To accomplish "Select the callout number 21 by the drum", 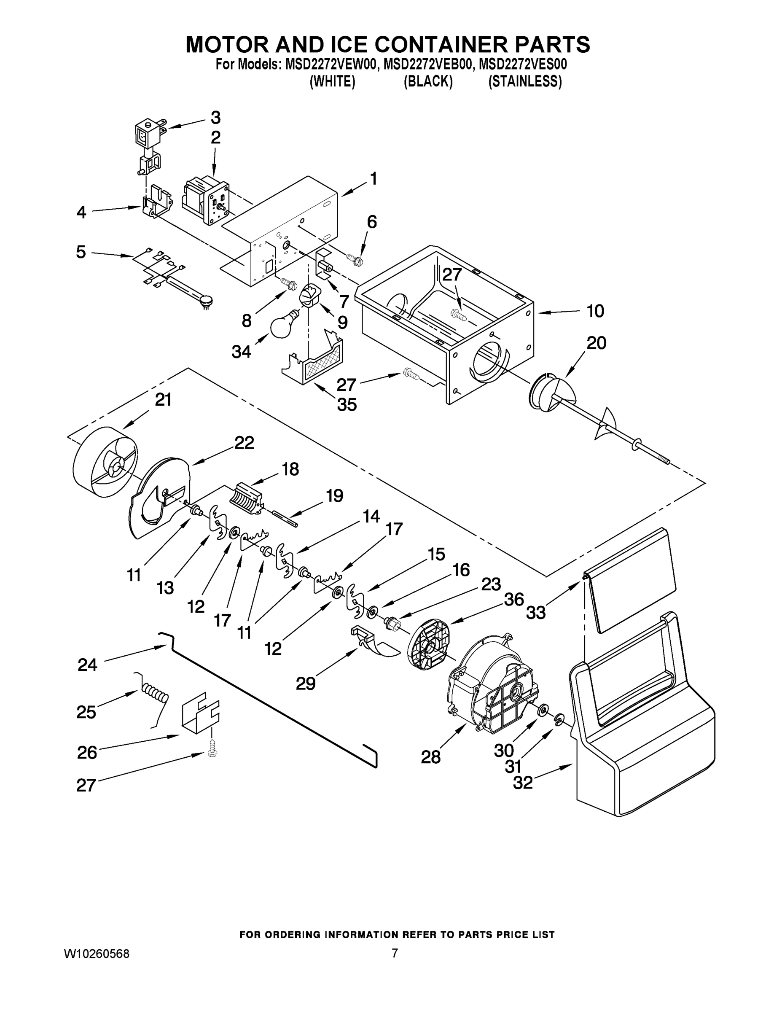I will pos(163,399).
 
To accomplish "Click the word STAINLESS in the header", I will pos(525,81).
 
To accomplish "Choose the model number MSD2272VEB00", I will pos(428,64).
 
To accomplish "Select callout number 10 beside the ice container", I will pos(595,311).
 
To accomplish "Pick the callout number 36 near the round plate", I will pos(514,599).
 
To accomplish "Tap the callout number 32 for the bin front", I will pos(523,783).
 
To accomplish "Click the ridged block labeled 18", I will pos(245,498).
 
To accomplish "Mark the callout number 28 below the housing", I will pos(430,757).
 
